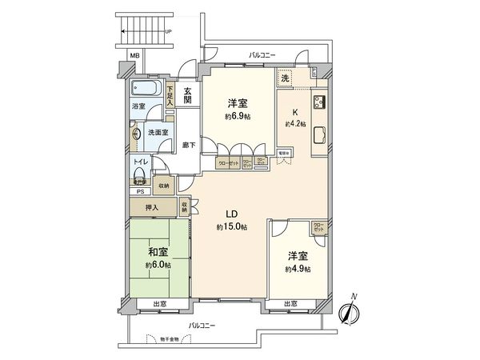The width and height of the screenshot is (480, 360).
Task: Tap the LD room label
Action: pyautogui.click(x=231, y=214)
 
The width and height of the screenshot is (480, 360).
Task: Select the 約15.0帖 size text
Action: pyautogui.click(x=231, y=228)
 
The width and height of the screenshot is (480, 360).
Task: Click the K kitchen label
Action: pyautogui.click(x=295, y=111)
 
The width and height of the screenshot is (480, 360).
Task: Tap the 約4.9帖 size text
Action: pyautogui.click(x=298, y=270)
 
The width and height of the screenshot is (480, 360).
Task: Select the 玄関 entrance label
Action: pyautogui.click(x=187, y=95)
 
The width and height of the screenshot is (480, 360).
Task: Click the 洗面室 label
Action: pyautogui.click(x=158, y=132)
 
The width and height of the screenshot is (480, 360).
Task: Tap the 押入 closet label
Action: pyautogui.click(x=151, y=207)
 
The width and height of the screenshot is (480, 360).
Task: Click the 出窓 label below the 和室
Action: pyautogui.click(x=158, y=303)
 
